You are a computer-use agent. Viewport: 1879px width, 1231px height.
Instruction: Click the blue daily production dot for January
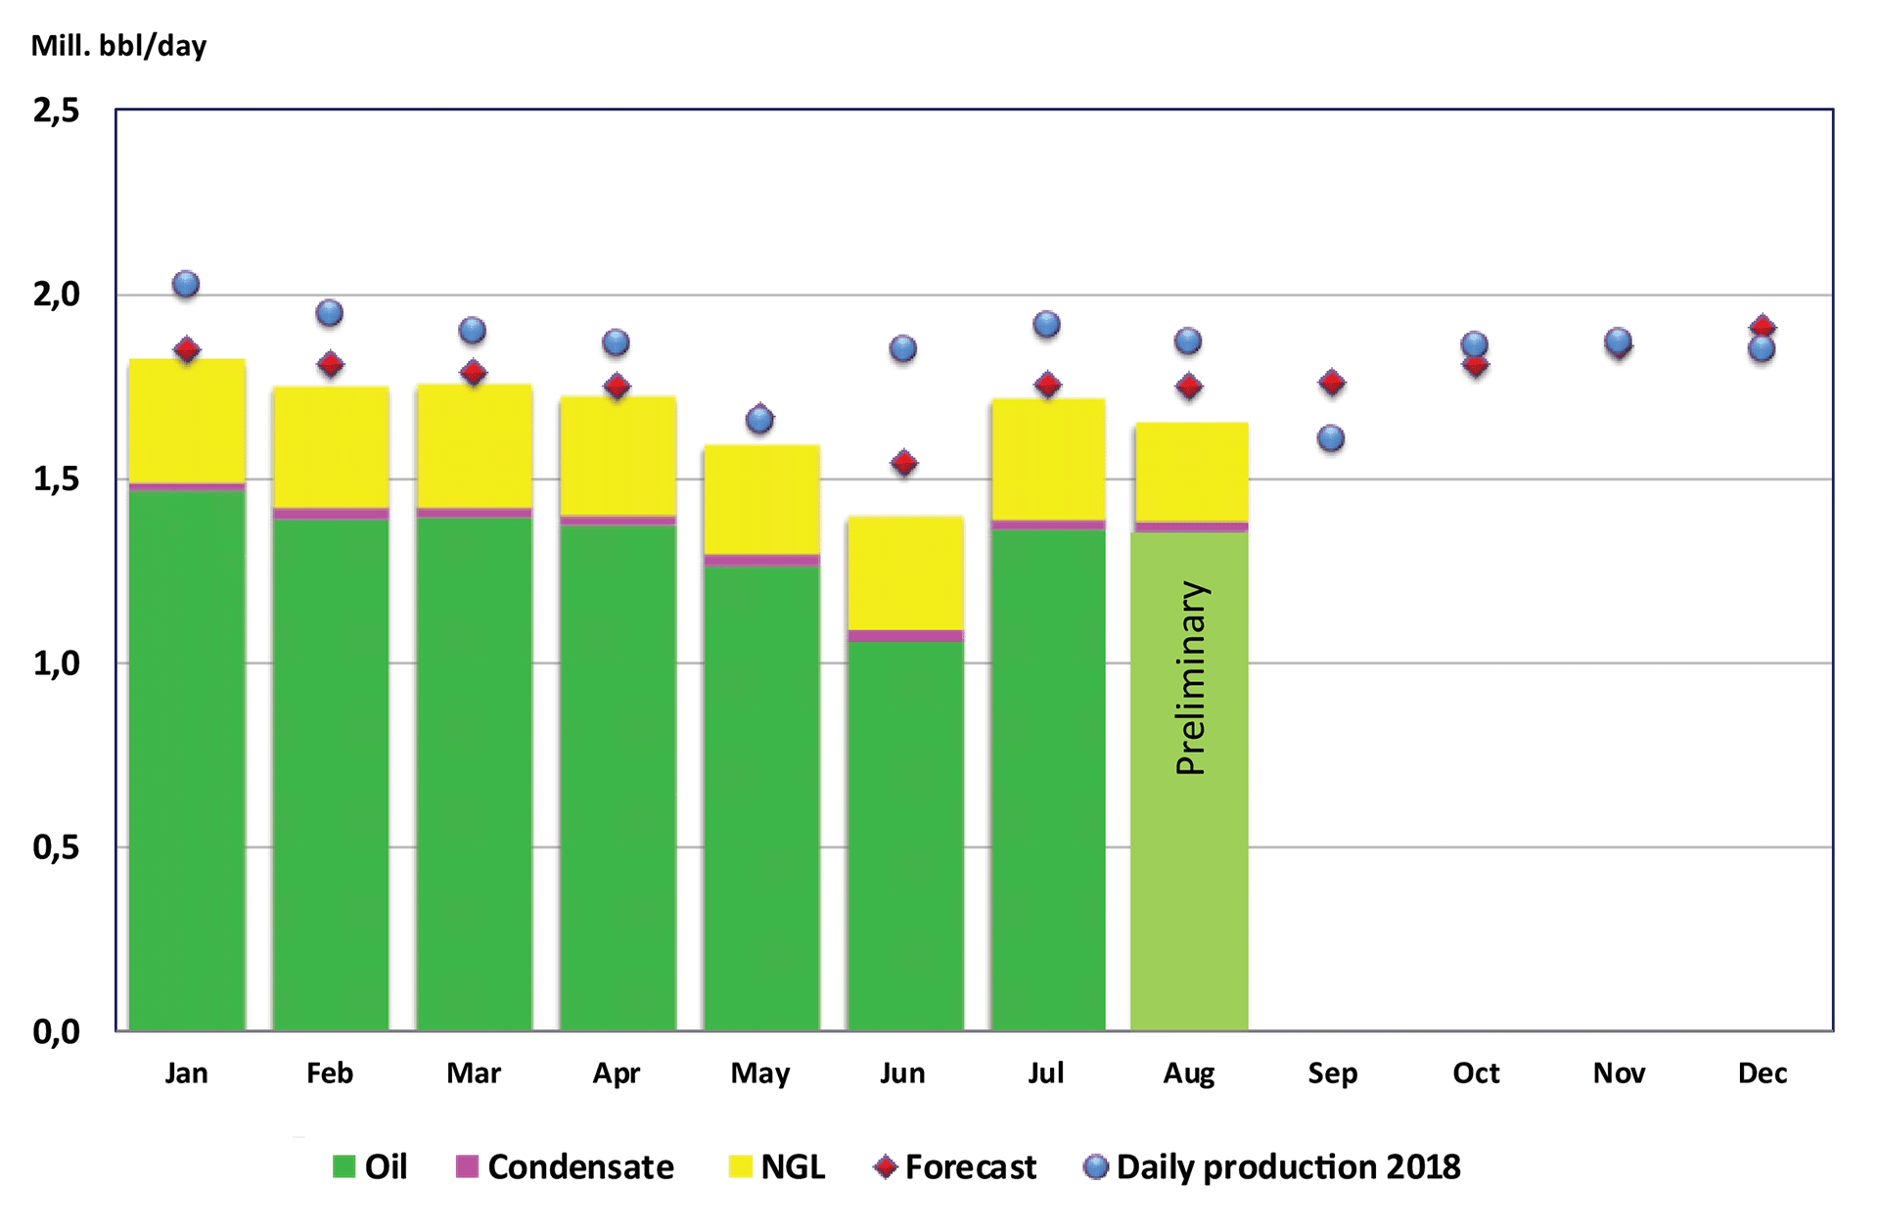(x=186, y=285)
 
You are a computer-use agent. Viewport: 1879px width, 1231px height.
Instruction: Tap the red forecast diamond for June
(x=904, y=462)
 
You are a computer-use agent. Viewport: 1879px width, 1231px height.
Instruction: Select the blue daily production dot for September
(x=1331, y=438)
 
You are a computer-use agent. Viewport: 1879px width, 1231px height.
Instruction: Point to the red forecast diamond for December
(x=1763, y=327)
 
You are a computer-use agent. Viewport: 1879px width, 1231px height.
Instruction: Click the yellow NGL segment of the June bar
(x=905, y=572)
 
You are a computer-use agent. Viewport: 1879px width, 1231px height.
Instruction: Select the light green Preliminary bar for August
(x=1189, y=881)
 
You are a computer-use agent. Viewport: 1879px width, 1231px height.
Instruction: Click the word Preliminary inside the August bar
(x=1191, y=678)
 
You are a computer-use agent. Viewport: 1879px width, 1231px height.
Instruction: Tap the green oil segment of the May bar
(x=761, y=798)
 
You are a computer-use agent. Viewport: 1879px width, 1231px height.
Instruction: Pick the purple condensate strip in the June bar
(x=905, y=635)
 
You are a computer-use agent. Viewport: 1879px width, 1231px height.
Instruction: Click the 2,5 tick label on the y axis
(x=56, y=111)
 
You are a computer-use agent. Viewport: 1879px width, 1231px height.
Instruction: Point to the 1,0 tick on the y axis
(x=56, y=663)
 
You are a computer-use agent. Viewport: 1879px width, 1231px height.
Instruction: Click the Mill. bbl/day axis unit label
(x=118, y=46)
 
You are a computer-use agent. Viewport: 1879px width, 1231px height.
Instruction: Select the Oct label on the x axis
(x=1475, y=1073)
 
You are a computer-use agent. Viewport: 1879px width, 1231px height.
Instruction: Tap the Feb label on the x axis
(x=330, y=1073)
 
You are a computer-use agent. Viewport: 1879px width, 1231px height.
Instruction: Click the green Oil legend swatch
(x=344, y=1166)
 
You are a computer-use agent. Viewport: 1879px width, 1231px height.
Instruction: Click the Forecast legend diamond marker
(x=886, y=1166)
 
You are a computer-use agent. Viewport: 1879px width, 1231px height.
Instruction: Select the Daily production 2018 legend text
(x=1288, y=1166)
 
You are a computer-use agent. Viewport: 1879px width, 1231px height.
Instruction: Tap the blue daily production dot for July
(x=1046, y=324)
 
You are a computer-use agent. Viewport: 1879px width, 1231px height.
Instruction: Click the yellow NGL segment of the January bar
(x=187, y=421)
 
